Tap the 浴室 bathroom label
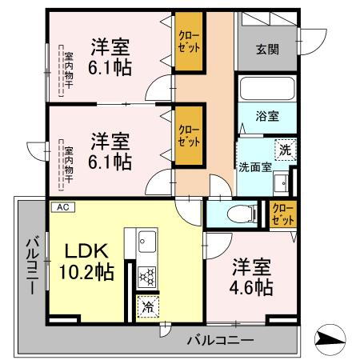pyautogui.click(x=268, y=116)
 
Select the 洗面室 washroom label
pyautogui.click(x=254, y=167)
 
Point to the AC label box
pyautogui.click(x=62, y=206)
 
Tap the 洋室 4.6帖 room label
pyautogui.click(x=251, y=276)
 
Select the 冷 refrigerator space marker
pyautogui.click(x=147, y=306)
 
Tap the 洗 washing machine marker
pyautogui.click(x=285, y=148)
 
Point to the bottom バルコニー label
pyautogui.click(x=220, y=340)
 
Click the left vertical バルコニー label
pyautogui.click(x=30, y=264)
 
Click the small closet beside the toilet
pyautogui.click(x=281, y=214)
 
